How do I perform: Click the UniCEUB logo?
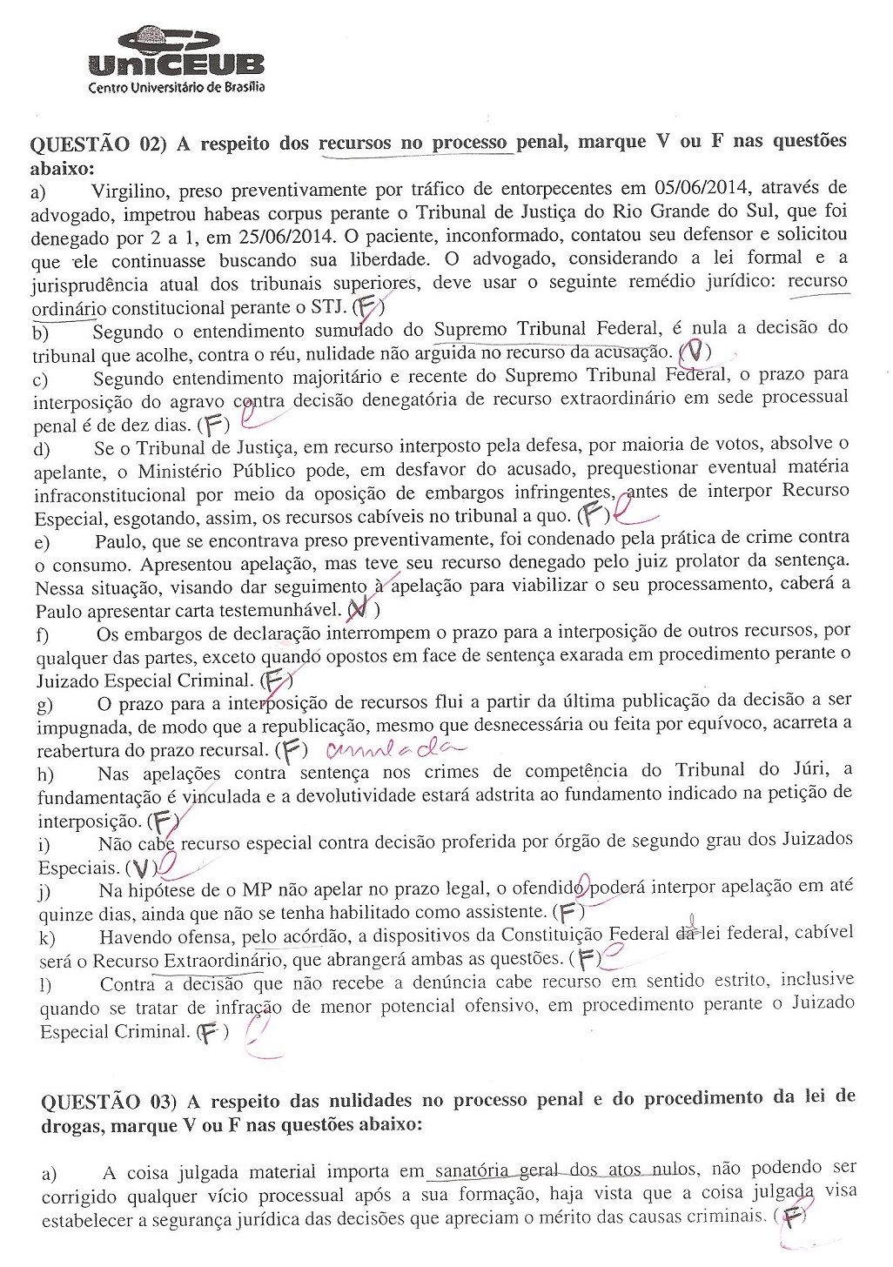point(177,52)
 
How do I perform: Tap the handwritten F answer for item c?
point(214,426)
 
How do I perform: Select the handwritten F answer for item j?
point(568,912)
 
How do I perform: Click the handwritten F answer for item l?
point(209,1033)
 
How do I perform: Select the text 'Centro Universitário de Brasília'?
point(177,87)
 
